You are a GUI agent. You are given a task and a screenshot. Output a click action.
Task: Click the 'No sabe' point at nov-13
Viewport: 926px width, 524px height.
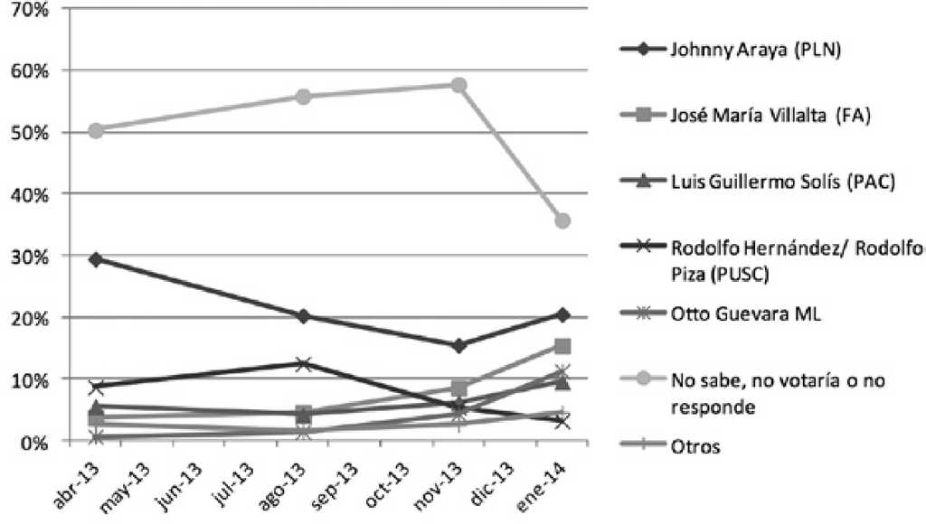coord(458,85)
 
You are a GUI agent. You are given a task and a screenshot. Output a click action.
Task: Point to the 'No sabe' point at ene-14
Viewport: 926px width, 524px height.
coord(562,220)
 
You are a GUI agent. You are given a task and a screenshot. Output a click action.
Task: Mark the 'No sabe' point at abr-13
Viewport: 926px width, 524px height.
coord(95,130)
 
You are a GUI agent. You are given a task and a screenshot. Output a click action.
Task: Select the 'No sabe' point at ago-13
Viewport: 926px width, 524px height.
coord(303,97)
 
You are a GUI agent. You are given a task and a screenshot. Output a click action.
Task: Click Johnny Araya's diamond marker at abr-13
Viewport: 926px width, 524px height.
coord(95,259)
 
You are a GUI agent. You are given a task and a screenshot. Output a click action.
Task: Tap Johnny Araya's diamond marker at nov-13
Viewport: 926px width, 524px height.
coord(458,346)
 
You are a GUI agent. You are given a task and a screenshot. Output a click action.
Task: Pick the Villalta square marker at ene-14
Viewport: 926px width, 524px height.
coord(562,346)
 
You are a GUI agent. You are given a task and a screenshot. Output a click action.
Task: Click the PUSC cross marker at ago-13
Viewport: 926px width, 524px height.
coord(303,364)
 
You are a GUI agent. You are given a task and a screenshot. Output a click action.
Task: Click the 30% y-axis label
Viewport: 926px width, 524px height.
coord(32,256)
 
